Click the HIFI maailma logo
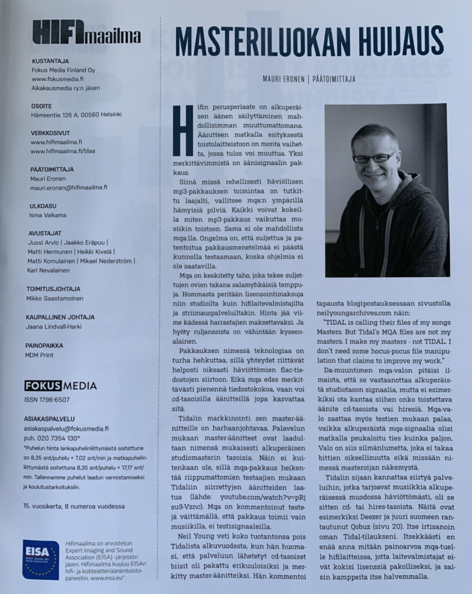point(86,32)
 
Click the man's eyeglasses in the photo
point(374,158)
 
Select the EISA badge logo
point(41,559)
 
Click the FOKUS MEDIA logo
point(61,386)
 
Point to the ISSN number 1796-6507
point(47,400)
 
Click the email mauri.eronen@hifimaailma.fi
point(68,187)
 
